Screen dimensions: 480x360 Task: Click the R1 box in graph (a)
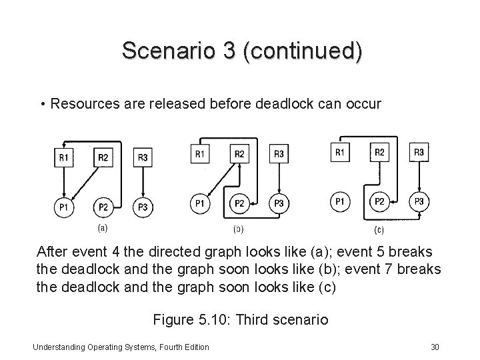64,158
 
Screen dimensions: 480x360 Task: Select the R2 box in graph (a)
103,158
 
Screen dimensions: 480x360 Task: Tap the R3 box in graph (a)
143,158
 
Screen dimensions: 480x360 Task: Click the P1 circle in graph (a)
64,207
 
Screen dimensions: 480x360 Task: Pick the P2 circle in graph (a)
103,207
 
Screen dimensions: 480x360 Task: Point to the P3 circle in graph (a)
143,207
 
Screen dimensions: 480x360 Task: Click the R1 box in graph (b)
200,155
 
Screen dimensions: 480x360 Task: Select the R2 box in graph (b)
240,155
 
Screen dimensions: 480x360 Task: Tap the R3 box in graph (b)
279,155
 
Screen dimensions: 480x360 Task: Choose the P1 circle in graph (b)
200,203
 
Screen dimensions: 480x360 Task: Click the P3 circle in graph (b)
279,203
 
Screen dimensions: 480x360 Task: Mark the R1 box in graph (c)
340,153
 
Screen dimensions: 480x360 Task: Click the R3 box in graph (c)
419,153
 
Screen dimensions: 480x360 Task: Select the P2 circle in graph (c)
379,201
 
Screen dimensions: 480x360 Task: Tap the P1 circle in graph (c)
340,201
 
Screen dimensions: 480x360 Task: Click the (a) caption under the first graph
103,227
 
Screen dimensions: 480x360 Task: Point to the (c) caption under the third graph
378,231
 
